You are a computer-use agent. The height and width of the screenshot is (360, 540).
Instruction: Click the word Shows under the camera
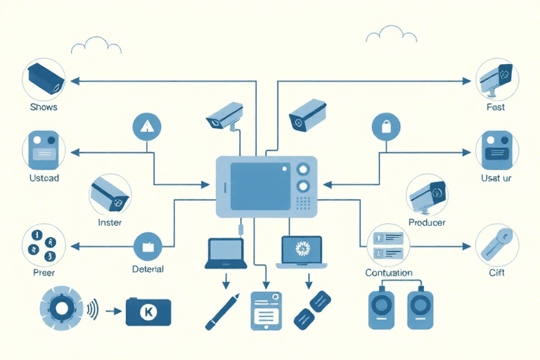pyautogui.click(x=44, y=108)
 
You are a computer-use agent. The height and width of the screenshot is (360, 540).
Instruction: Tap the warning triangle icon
pyautogui.click(x=147, y=127)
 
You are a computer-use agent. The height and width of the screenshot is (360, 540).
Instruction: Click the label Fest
pyautogui.click(x=495, y=108)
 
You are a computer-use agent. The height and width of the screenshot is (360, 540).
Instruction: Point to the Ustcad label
pyautogui.click(x=44, y=178)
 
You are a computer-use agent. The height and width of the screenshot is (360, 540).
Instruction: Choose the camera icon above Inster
pyautogui.click(x=110, y=194)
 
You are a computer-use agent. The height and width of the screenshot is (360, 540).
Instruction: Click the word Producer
pyautogui.click(x=426, y=222)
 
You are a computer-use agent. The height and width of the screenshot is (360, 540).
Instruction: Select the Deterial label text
pyautogui.click(x=148, y=269)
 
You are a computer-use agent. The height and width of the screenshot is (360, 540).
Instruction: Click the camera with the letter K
pyautogui.click(x=148, y=311)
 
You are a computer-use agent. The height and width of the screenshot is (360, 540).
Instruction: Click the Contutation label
pyautogui.click(x=389, y=272)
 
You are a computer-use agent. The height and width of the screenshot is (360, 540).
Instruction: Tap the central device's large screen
pyautogui.click(x=261, y=186)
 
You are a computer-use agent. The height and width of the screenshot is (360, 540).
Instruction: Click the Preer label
pyautogui.click(x=43, y=272)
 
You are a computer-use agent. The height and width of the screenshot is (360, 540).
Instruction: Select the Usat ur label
pyautogui.click(x=496, y=178)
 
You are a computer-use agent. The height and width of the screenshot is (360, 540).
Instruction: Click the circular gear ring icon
pyautogui.click(x=63, y=309)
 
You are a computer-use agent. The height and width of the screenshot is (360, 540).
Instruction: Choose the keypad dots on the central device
pyautogui.click(x=304, y=205)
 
